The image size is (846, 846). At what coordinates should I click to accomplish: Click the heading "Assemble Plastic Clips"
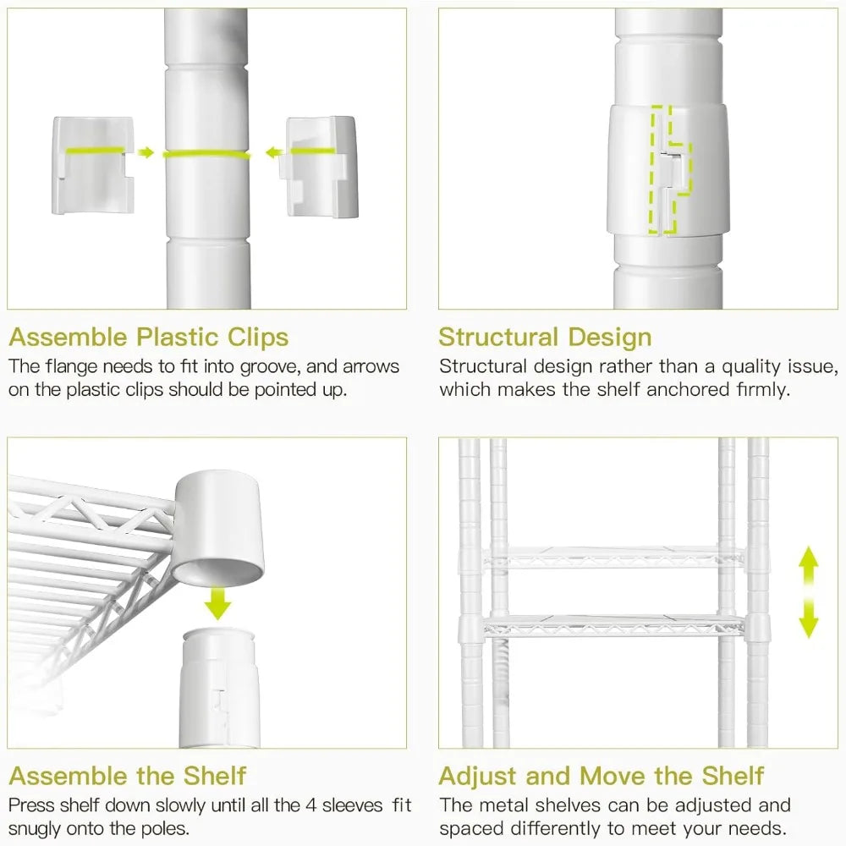[x=149, y=338]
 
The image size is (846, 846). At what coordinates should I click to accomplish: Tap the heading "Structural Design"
[x=545, y=338]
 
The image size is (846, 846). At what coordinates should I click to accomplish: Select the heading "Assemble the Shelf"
[x=128, y=776]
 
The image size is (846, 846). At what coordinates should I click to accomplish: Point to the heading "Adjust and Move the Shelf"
[x=601, y=776]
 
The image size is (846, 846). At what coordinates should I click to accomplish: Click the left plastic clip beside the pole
[x=93, y=165]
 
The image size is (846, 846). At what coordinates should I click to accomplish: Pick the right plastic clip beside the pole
[x=321, y=166]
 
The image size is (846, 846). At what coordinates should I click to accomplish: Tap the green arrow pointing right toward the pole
[x=146, y=152]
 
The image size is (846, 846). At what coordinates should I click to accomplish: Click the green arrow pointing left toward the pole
[x=275, y=153]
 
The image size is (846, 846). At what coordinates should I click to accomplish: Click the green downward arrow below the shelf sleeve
[x=218, y=603]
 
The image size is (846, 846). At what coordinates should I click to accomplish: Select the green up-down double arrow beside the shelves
[x=808, y=592]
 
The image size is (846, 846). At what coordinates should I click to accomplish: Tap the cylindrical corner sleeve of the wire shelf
[x=218, y=528]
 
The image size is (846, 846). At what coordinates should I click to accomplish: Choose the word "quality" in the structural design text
[x=751, y=367]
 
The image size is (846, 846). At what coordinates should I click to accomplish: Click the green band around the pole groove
[x=207, y=155]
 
